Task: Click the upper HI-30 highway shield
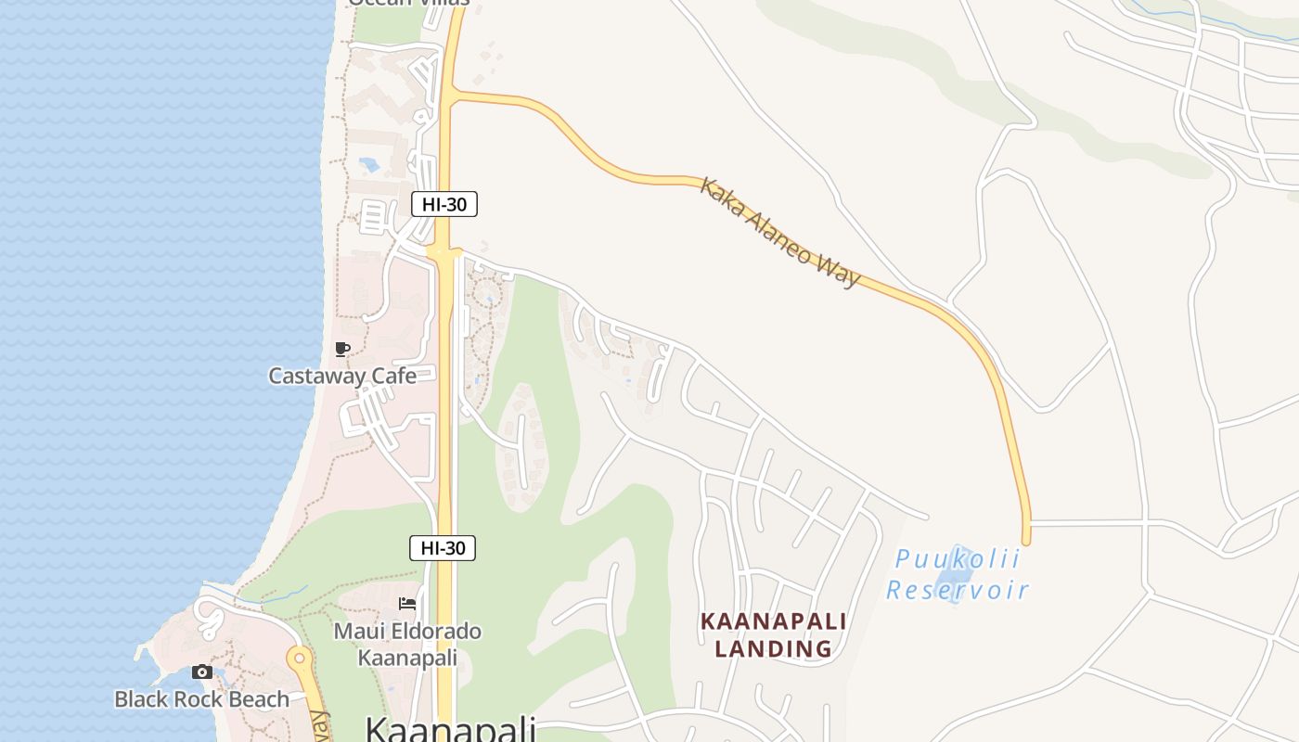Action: click(x=444, y=204)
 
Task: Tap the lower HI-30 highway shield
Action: click(x=443, y=548)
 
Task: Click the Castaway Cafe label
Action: click(x=341, y=376)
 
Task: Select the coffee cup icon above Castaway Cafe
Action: click(x=342, y=350)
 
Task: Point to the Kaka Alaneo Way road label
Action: click(x=779, y=232)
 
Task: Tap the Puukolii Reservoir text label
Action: click(x=958, y=574)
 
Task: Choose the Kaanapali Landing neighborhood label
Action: click(x=773, y=634)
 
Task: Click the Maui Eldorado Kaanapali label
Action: click(x=407, y=644)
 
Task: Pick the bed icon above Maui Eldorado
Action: click(x=407, y=604)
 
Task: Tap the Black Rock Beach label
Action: click(x=201, y=699)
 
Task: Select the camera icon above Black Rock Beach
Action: click(x=201, y=672)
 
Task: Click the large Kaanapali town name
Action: click(x=450, y=728)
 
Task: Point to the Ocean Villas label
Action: click(x=408, y=3)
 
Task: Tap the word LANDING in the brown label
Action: click(x=773, y=648)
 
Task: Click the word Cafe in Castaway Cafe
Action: click(x=393, y=376)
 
